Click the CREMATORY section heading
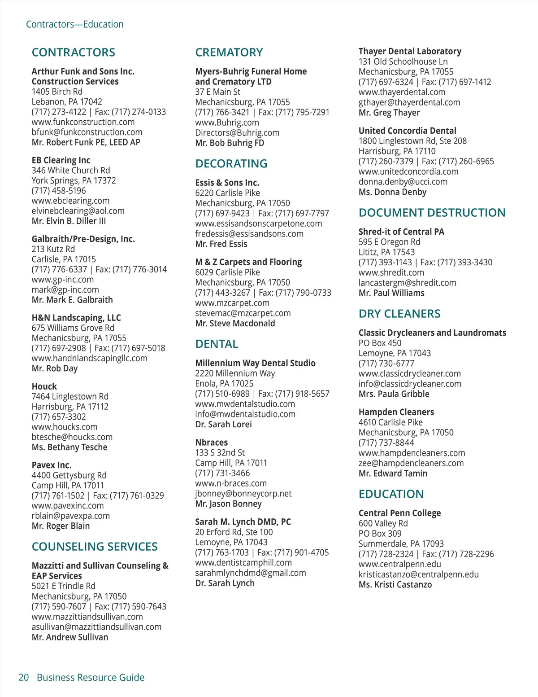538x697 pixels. (229, 53)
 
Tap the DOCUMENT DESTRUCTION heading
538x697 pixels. (432, 213)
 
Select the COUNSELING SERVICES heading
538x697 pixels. (95, 547)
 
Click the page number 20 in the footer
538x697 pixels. (24, 677)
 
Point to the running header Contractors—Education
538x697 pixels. (75, 24)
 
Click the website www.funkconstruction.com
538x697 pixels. (83, 122)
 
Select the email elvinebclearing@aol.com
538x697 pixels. (78, 211)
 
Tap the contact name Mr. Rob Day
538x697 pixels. (55, 368)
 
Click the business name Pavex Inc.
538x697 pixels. (52, 465)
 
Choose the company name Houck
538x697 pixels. (44, 386)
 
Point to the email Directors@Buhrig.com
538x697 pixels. (237, 133)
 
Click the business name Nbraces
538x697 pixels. (212, 443)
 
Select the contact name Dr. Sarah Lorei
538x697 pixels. (223, 425)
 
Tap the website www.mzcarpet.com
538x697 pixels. (232, 303)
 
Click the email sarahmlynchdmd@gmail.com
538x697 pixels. (251, 573)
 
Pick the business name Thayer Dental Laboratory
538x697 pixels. (410, 52)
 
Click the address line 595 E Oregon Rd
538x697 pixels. (389, 242)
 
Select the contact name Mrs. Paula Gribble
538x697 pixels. (394, 394)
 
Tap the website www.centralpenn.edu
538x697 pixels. (399, 564)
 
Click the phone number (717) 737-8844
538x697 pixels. (386, 443)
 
